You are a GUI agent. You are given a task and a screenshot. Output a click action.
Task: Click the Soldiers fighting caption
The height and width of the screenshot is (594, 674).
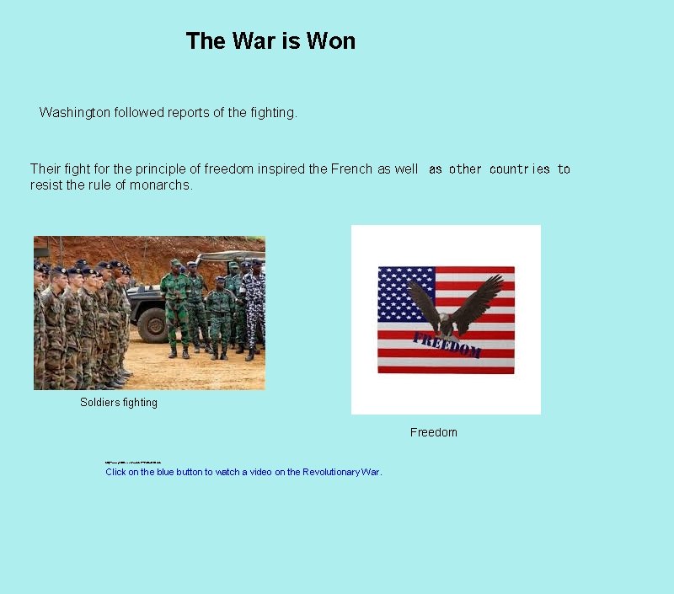(x=119, y=403)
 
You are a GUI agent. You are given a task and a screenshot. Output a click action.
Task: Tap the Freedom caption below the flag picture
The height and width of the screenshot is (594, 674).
(x=434, y=432)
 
